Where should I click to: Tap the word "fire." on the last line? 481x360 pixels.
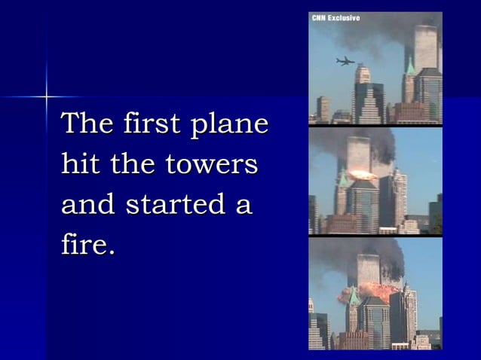pos(88,245)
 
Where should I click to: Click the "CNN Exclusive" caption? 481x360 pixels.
pos(335,18)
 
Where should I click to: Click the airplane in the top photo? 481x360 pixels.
pos(345,61)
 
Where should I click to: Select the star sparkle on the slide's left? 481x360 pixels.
pos(47,96)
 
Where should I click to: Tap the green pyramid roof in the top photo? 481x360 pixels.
pos(410,69)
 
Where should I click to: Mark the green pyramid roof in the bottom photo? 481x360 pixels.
pos(353,297)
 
